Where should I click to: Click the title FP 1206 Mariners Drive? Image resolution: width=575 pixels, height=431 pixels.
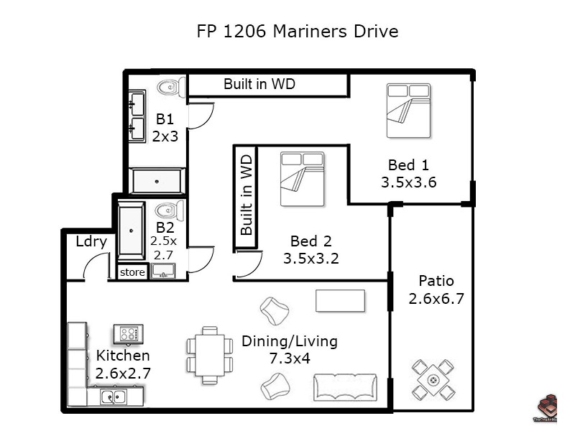(298, 32)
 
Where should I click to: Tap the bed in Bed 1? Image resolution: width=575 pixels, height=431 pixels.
(408, 111)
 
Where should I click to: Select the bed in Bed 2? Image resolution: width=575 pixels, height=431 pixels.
(302, 178)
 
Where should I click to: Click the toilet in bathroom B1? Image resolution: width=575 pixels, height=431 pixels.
(170, 87)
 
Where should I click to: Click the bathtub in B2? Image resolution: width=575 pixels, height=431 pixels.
(132, 230)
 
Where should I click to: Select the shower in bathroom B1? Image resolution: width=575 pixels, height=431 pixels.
(157, 180)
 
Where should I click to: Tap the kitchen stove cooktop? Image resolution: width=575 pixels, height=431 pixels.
(129, 334)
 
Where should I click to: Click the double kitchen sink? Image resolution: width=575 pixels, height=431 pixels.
(114, 397)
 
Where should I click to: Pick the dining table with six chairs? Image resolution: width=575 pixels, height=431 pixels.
(210, 355)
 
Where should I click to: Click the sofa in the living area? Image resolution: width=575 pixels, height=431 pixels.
(346, 387)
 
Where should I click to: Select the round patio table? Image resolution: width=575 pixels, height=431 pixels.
(433, 380)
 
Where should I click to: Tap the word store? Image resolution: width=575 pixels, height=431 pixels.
(132, 272)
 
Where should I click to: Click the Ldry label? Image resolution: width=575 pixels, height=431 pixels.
(91, 241)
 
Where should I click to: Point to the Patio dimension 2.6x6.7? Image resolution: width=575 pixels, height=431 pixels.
(436, 298)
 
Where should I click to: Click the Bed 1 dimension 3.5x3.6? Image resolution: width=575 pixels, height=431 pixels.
(408, 182)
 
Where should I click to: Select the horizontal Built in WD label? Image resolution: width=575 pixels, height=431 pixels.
(259, 84)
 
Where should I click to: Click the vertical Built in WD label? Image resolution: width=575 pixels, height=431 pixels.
(246, 195)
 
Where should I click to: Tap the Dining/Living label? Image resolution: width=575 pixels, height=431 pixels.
(289, 341)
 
